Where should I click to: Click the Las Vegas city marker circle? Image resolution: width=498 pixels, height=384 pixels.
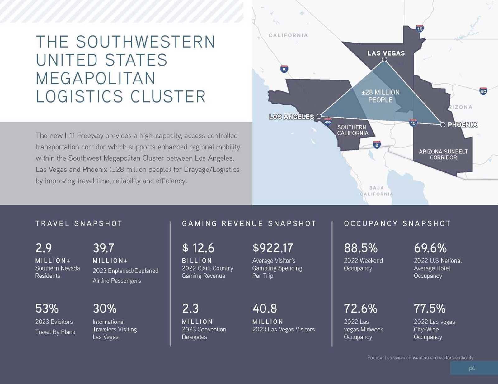tap(384, 59)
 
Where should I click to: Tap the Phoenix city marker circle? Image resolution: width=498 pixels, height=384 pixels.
tap(443, 125)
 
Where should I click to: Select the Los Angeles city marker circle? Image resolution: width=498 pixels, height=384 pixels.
tap(319, 116)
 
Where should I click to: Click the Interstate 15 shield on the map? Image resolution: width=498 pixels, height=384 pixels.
tap(420, 29)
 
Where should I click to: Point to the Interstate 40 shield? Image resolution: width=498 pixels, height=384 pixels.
tap(483, 91)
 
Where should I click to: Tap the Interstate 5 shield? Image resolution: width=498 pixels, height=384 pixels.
tap(284, 69)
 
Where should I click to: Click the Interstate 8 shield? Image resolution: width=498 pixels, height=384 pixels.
tap(377, 144)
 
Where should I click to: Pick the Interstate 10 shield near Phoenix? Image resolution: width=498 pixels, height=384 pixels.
tap(413, 123)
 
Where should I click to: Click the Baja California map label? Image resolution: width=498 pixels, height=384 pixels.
tap(377, 191)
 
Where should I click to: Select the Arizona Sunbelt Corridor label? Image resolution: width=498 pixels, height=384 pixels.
tap(443, 154)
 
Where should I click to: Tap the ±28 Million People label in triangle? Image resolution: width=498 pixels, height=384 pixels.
tap(380, 96)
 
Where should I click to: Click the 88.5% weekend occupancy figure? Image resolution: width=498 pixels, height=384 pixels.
tap(360, 248)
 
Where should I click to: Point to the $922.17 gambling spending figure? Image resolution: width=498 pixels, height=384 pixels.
tap(273, 248)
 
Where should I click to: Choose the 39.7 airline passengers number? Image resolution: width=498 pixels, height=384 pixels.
tap(104, 248)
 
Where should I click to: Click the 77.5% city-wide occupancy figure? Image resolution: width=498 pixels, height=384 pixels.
tap(430, 309)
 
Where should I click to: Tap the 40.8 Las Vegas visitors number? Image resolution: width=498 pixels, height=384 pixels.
tap(265, 309)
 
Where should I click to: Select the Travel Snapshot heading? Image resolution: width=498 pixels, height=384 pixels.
tap(79, 223)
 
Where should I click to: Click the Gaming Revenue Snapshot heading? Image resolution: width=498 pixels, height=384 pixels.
tap(249, 223)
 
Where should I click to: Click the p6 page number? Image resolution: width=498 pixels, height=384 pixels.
tap(472, 368)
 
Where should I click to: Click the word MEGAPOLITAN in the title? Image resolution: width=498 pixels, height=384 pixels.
tap(96, 78)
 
